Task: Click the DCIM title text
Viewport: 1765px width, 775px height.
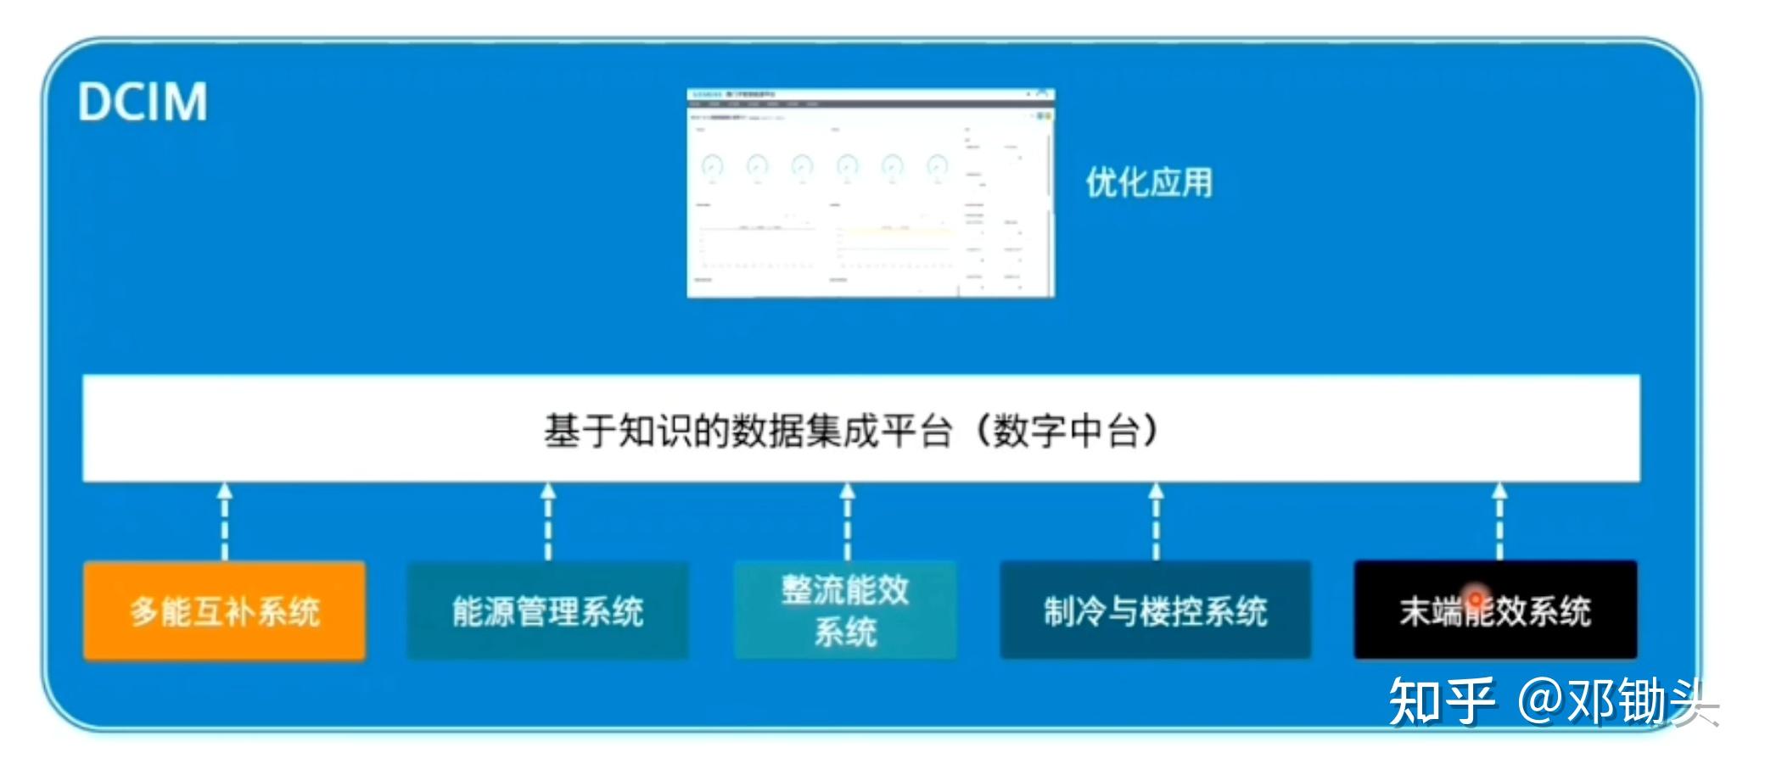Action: point(143,103)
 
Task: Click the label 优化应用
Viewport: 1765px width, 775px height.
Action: point(1149,182)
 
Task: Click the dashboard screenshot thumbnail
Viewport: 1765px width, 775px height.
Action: point(870,193)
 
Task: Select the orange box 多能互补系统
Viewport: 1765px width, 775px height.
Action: point(225,611)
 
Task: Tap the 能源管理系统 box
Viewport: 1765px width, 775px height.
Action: point(547,611)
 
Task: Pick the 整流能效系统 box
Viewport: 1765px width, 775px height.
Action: point(845,611)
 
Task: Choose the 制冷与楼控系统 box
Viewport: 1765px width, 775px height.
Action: point(1155,611)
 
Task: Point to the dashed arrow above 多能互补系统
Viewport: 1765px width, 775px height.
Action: point(224,521)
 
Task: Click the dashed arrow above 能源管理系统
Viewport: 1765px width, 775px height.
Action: point(548,521)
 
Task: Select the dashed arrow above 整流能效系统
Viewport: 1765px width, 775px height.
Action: point(847,521)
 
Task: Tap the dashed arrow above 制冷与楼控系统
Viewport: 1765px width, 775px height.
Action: point(1156,521)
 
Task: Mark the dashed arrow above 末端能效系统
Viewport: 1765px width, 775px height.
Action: point(1499,521)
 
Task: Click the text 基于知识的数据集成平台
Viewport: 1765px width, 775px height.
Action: point(747,431)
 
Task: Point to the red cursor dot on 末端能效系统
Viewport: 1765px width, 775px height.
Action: point(1476,597)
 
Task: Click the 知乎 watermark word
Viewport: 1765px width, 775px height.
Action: point(1441,701)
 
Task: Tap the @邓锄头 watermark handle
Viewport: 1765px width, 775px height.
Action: point(1612,701)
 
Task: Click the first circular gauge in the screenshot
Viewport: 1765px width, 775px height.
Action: point(712,165)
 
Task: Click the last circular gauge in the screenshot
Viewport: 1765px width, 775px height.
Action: point(937,165)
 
